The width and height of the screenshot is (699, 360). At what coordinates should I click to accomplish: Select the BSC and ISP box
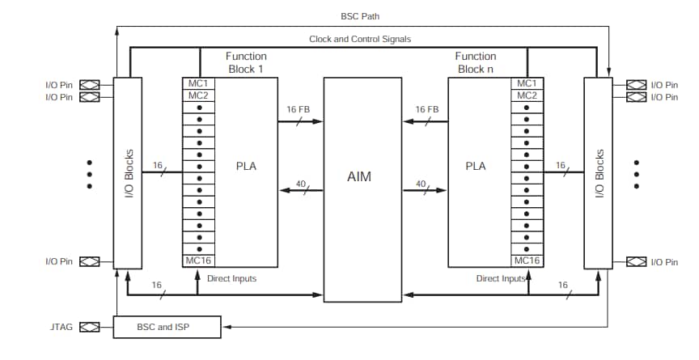point(167,327)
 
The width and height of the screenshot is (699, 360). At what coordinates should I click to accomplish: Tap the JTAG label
point(61,327)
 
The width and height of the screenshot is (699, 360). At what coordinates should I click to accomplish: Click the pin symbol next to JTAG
point(89,327)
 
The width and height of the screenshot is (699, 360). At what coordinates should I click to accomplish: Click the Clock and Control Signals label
point(359,39)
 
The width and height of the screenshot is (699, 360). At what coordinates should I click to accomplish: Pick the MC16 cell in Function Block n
point(527,260)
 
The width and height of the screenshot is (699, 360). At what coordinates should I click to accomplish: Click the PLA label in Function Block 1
point(246,166)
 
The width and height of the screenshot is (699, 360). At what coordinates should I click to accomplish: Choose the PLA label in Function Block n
point(476,166)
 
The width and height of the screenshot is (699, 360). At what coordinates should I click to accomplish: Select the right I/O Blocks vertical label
point(599,173)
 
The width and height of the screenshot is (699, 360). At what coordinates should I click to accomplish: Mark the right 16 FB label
point(426,109)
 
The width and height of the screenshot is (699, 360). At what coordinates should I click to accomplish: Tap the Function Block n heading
point(475,62)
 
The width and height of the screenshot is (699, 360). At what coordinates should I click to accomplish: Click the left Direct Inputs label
point(231,278)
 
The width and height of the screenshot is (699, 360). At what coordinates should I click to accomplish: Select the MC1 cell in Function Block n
point(527,83)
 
